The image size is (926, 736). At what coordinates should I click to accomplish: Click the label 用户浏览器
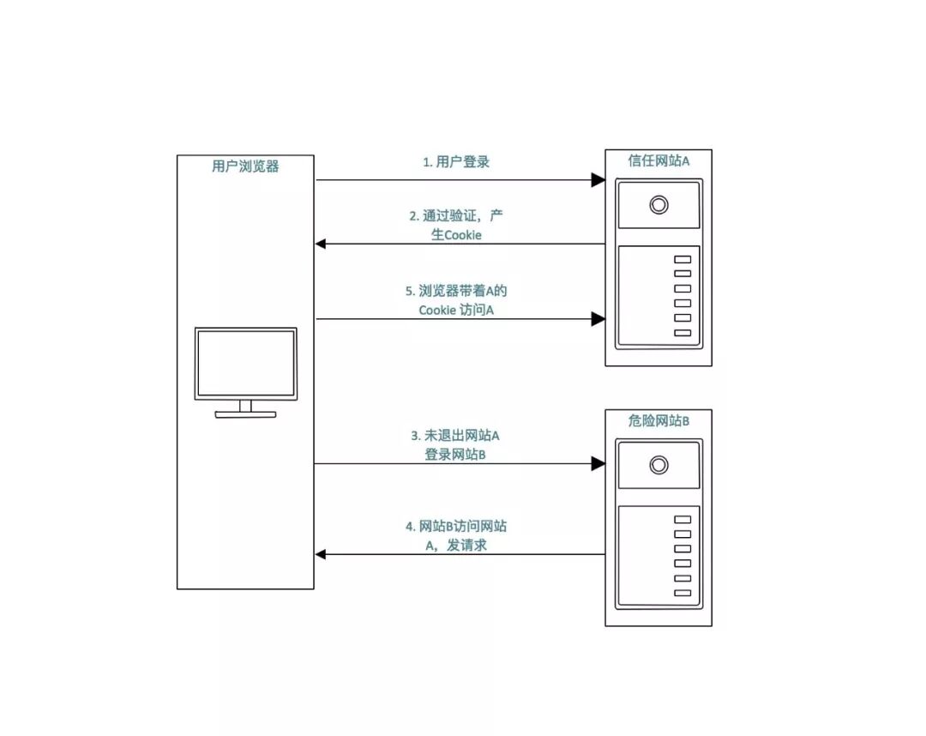[x=245, y=167]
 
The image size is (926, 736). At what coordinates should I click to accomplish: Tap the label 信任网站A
[x=658, y=160]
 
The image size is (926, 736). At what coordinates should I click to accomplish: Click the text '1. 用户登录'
[x=456, y=161]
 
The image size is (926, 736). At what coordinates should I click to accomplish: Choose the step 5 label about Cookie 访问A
[x=457, y=300]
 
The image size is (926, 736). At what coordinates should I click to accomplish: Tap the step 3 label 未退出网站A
[x=456, y=445]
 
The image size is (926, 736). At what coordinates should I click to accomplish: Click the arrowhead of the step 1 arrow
[x=598, y=180]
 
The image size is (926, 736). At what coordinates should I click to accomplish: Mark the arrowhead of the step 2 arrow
[x=322, y=244]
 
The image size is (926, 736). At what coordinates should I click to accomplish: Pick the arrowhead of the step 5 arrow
[x=598, y=319]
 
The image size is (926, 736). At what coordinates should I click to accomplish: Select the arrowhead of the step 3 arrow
[x=598, y=464]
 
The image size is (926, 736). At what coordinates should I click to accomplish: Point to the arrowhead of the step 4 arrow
[x=322, y=554]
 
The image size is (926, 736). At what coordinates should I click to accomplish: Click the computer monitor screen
[x=245, y=363]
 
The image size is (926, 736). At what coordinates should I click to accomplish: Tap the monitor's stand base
[x=245, y=414]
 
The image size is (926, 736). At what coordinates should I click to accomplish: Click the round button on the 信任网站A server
[x=658, y=205]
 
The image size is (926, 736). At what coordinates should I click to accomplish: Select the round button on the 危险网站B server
[x=658, y=465]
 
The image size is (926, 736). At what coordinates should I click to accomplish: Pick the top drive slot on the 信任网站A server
[x=682, y=260]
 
